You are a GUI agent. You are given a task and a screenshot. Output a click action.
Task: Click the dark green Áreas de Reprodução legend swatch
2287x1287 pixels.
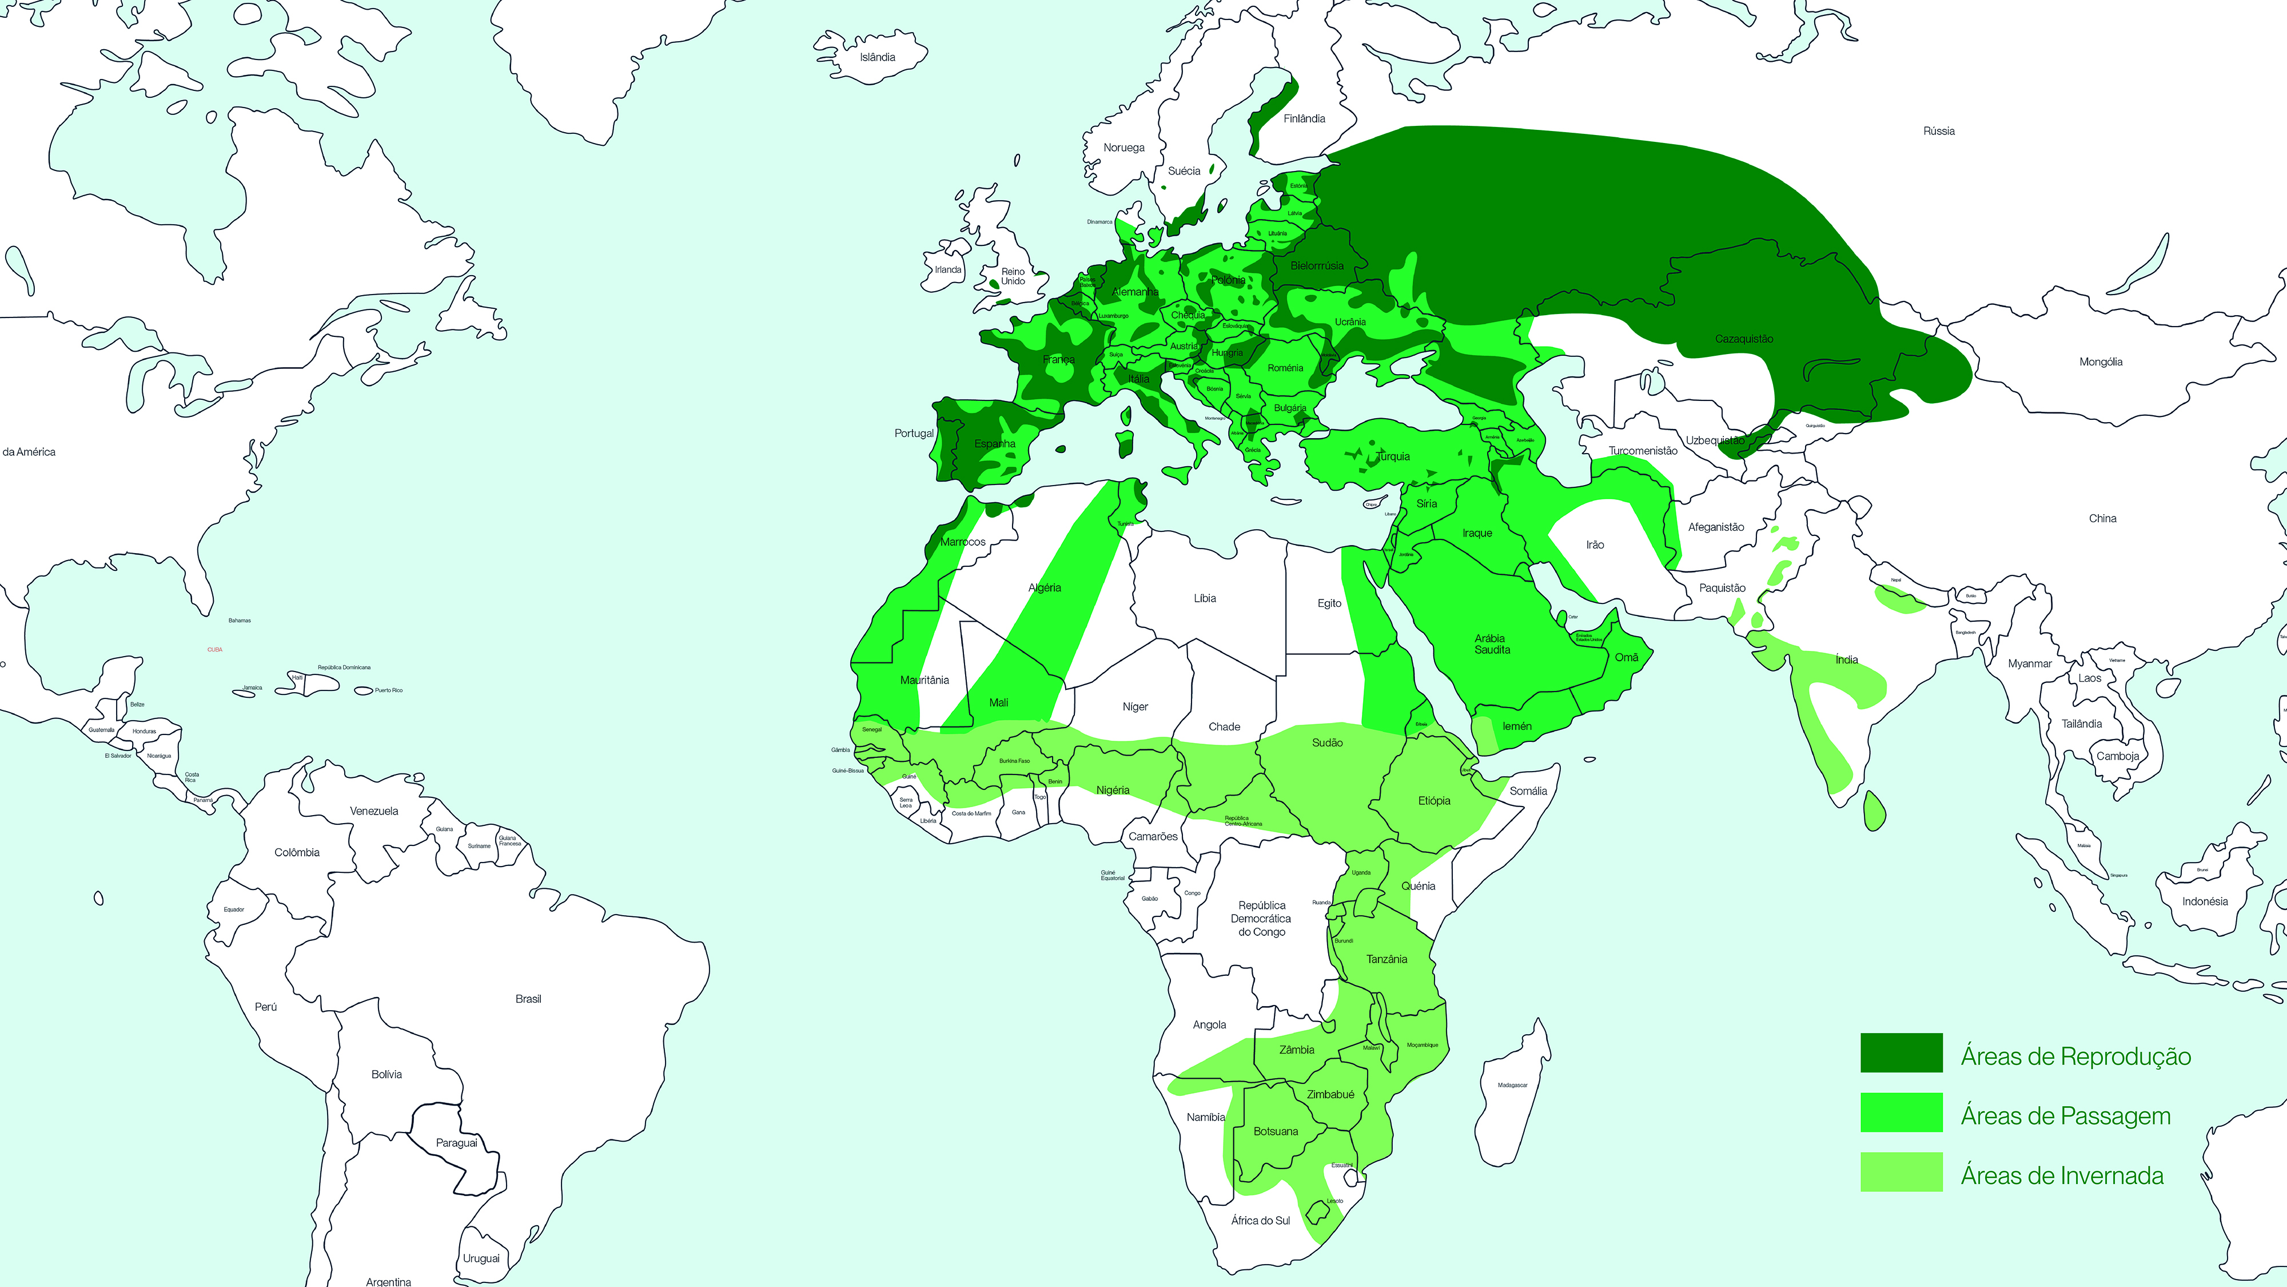[1901, 1052]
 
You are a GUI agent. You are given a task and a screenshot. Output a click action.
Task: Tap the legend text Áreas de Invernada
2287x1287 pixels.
[2062, 1176]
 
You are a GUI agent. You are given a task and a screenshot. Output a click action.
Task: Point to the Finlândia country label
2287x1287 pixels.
[1304, 119]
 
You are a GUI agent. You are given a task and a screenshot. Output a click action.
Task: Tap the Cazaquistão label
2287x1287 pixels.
[1744, 339]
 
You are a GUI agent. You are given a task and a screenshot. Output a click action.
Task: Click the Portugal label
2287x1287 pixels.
[914, 434]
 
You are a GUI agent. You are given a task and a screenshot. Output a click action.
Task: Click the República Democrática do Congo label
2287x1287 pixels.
[1262, 919]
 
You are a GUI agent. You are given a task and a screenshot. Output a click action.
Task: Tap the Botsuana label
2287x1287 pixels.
[1275, 1131]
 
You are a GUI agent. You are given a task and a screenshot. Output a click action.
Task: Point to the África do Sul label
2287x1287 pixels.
[1260, 1221]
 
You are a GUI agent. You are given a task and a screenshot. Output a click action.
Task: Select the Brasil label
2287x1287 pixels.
[528, 999]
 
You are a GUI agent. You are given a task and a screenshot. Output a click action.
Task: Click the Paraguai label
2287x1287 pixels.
[456, 1143]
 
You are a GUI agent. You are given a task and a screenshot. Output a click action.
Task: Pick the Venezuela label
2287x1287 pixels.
[374, 811]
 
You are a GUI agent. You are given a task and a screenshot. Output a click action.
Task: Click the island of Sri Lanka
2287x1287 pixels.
[1874, 811]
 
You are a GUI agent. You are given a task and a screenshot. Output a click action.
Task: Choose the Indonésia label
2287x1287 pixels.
[2205, 901]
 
